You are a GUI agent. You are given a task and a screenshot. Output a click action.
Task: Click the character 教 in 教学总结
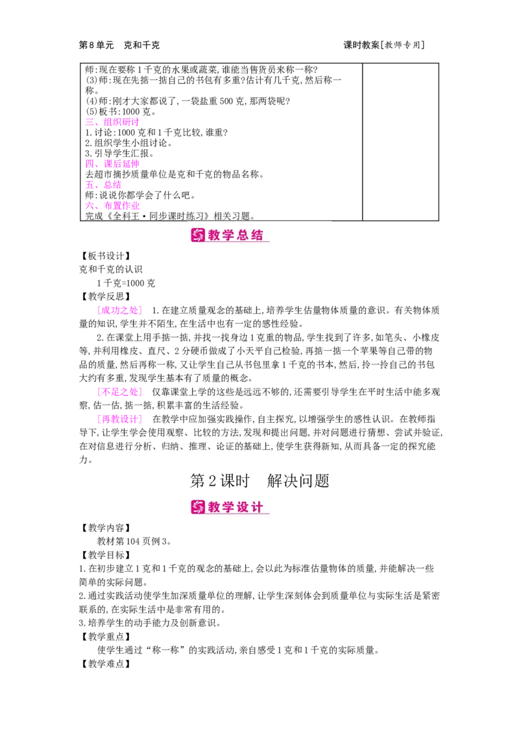click(x=215, y=235)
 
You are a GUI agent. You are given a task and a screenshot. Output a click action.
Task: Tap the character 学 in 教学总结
click(x=228, y=235)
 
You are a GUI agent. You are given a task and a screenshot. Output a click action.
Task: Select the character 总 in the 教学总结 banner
click(x=243, y=235)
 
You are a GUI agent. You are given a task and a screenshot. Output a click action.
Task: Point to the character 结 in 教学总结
click(x=257, y=235)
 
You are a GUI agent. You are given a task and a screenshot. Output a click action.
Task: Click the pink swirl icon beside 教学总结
click(x=198, y=235)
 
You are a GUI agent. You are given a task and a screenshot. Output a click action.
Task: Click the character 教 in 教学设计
click(x=215, y=507)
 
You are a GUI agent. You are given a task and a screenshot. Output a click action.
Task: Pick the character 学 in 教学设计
click(x=228, y=507)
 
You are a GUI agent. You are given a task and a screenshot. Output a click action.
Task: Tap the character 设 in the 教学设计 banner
click(x=243, y=507)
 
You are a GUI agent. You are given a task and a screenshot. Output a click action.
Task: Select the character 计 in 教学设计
click(x=257, y=507)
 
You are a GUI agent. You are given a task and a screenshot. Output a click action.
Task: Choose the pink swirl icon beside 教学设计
click(x=198, y=507)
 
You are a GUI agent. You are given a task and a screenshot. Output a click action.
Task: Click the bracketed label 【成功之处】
click(x=119, y=311)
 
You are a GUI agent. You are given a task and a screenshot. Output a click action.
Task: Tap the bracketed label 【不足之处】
click(x=119, y=392)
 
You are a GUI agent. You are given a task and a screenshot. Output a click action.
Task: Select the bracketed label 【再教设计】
click(x=119, y=418)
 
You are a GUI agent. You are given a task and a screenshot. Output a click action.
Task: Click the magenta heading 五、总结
click(x=103, y=185)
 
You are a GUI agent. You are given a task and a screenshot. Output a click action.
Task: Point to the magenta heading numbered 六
click(x=112, y=206)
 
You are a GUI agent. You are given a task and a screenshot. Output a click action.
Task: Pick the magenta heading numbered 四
click(x=112, y=164)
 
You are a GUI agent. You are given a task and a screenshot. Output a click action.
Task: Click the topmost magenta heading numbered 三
click(x=112, y=121)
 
